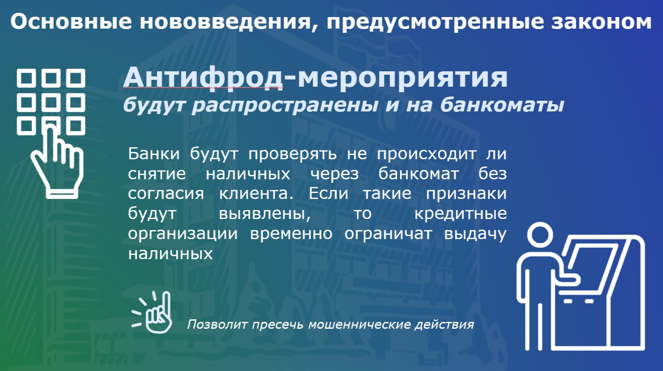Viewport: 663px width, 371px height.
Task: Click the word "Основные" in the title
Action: pos(71,22)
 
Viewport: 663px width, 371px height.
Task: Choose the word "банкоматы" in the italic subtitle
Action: pos(502,105)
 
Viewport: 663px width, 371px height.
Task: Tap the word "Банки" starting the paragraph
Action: pos(154,154)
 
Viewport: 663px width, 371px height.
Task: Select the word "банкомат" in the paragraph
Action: pos(419,174)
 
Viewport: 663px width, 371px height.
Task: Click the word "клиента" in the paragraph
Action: pos(256,194)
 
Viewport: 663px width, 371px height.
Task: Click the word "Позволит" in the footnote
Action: pos(217,324)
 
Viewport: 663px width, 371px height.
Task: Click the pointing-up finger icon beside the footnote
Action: pos(152,312)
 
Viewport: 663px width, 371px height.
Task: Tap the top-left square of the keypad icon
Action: pos(26,78)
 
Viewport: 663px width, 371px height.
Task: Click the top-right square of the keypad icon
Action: pos(76,78)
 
